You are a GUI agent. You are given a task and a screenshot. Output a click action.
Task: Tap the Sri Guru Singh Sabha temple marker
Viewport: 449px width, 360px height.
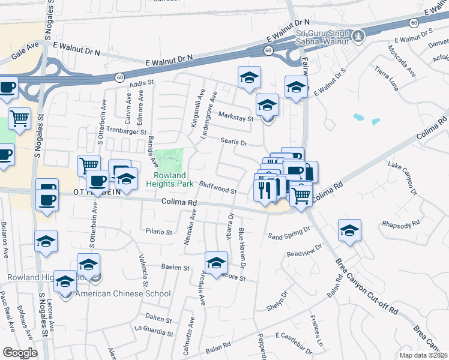pos(358,36)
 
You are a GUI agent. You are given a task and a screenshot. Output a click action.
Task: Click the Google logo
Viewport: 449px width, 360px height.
pos(20,353)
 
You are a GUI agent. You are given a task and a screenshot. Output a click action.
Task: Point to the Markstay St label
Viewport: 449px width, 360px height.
pos(235,116)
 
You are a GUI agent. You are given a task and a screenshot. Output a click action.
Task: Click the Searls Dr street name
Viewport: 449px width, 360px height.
pos(234,142)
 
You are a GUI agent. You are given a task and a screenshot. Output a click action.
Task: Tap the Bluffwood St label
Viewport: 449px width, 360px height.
pos(217,189)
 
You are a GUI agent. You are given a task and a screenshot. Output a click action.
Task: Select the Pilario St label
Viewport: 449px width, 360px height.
pos(159,231)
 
